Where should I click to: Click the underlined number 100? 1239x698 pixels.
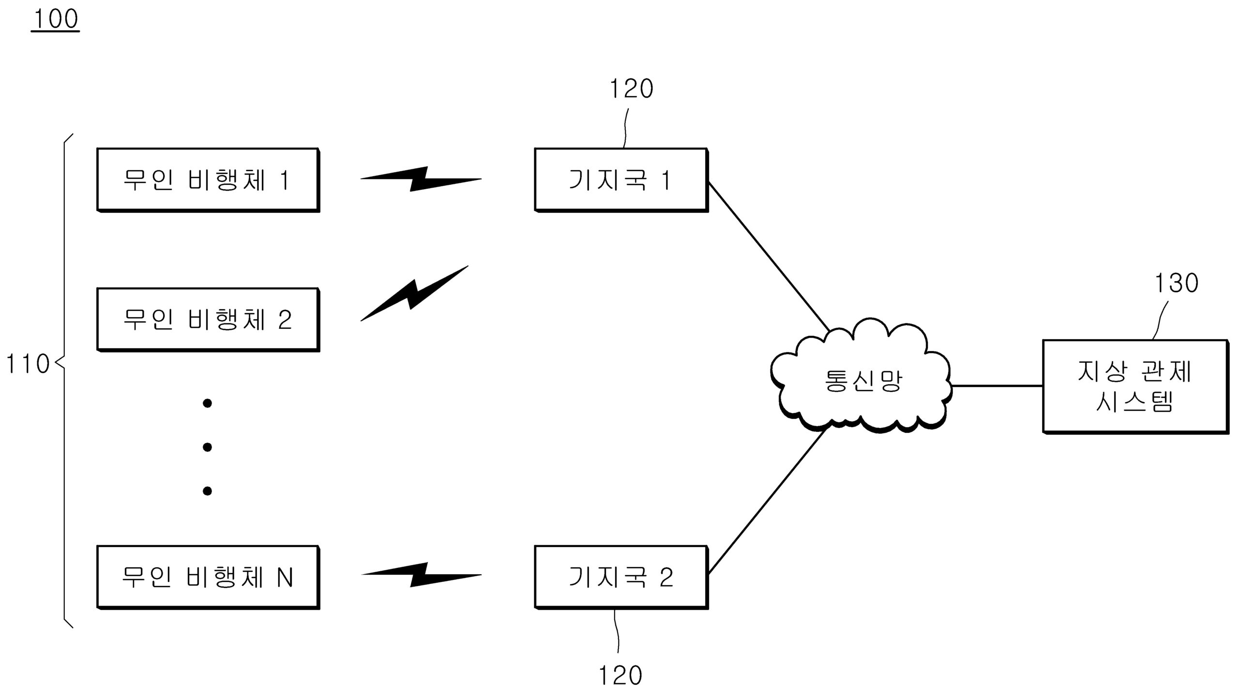(x=55, y=19)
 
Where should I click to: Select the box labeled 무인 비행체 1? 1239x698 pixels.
(x=208, y=179)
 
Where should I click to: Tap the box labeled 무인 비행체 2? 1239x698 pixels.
(x=208, y=319)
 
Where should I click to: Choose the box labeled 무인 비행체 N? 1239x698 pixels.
(x=208, y=577)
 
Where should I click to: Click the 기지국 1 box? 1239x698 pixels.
(x=621, y=179)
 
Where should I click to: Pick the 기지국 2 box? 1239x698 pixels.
(x=621, y=577)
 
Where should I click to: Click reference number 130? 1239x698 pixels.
(x=1176, y=283)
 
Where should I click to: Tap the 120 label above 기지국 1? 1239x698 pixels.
(x=631, y=89)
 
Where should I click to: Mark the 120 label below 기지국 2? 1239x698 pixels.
(x=620, y=675)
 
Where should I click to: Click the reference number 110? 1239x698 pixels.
(x=27, y=364)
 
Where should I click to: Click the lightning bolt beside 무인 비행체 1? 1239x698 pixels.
(x=421, y=179)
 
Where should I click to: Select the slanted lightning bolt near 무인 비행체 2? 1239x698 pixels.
(x=414, y=293)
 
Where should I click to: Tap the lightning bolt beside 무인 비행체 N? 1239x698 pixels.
(x=421, y=575)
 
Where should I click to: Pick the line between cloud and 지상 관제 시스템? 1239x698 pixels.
(x=997, y=386)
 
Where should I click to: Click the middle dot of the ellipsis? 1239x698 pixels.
(x=207, y=447)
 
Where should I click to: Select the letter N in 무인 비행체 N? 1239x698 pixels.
(x=285, y=577)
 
